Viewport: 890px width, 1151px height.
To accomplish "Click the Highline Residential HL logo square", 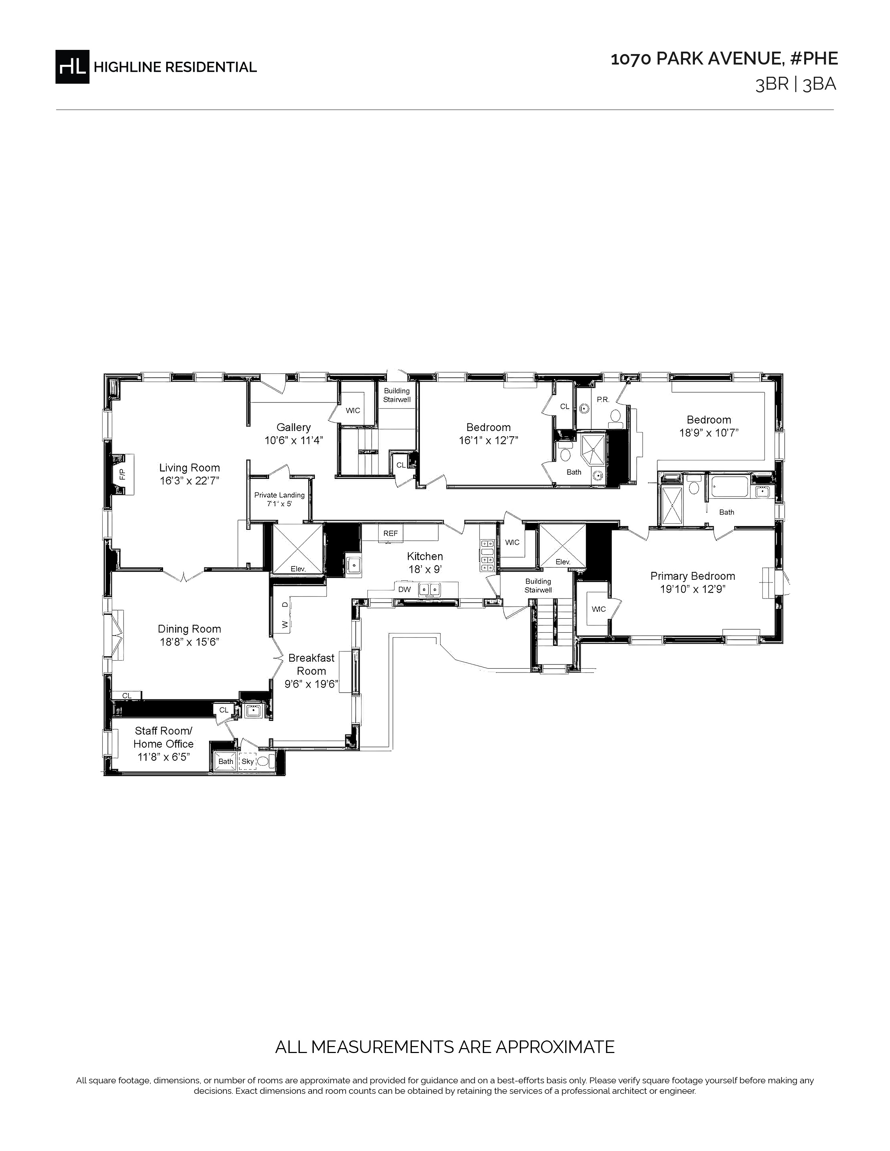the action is click(72, 66).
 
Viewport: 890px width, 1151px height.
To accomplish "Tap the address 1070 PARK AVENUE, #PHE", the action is click(724, 59).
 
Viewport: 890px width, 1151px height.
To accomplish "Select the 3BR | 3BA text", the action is click(796, 85).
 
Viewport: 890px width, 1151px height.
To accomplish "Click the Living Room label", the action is click(189, 467).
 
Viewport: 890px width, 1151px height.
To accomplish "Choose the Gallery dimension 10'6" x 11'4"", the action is click(294, 441).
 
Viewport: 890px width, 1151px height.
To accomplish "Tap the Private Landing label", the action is click(280, 495).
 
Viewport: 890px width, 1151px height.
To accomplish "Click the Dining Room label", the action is click(189, 629).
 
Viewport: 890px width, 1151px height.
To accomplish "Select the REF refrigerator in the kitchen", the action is click(391, 533).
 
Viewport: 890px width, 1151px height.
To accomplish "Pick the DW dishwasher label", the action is click(405, 589).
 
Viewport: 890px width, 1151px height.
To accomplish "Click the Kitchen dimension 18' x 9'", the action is click(425, 569).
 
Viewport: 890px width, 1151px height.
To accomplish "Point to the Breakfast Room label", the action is click(311, 664).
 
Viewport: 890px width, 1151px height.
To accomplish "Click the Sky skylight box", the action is click(248, 761).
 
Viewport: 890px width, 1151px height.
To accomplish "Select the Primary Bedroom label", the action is click(692, 576).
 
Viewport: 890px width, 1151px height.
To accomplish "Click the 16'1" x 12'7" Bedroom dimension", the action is click(489, 441).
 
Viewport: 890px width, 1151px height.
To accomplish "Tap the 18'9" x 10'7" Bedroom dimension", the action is click(709, 433).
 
